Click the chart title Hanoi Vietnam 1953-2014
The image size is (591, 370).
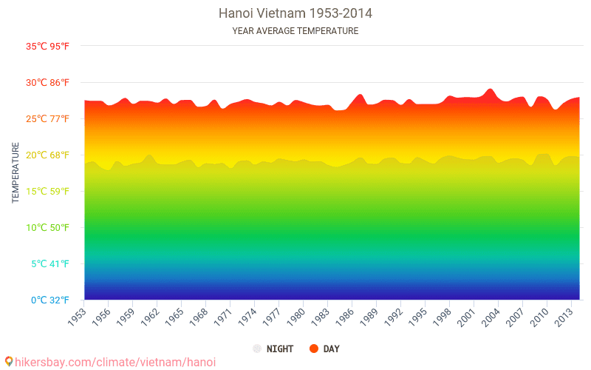pos(295,13)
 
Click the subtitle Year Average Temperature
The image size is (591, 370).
pos(295,31)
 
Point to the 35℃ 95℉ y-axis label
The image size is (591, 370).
pos(48,46)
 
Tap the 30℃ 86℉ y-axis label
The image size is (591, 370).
pos(48,82)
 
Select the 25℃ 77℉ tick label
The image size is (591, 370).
pos(48,118)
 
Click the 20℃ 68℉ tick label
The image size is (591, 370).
pos(48,155)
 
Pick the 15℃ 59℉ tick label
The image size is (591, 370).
pos(48,191)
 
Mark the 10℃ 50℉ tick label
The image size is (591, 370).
pos(48,227)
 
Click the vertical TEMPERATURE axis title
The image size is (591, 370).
pos(16,173)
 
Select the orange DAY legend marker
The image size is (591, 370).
pos(313,349)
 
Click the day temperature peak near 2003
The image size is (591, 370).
pos(490,90)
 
